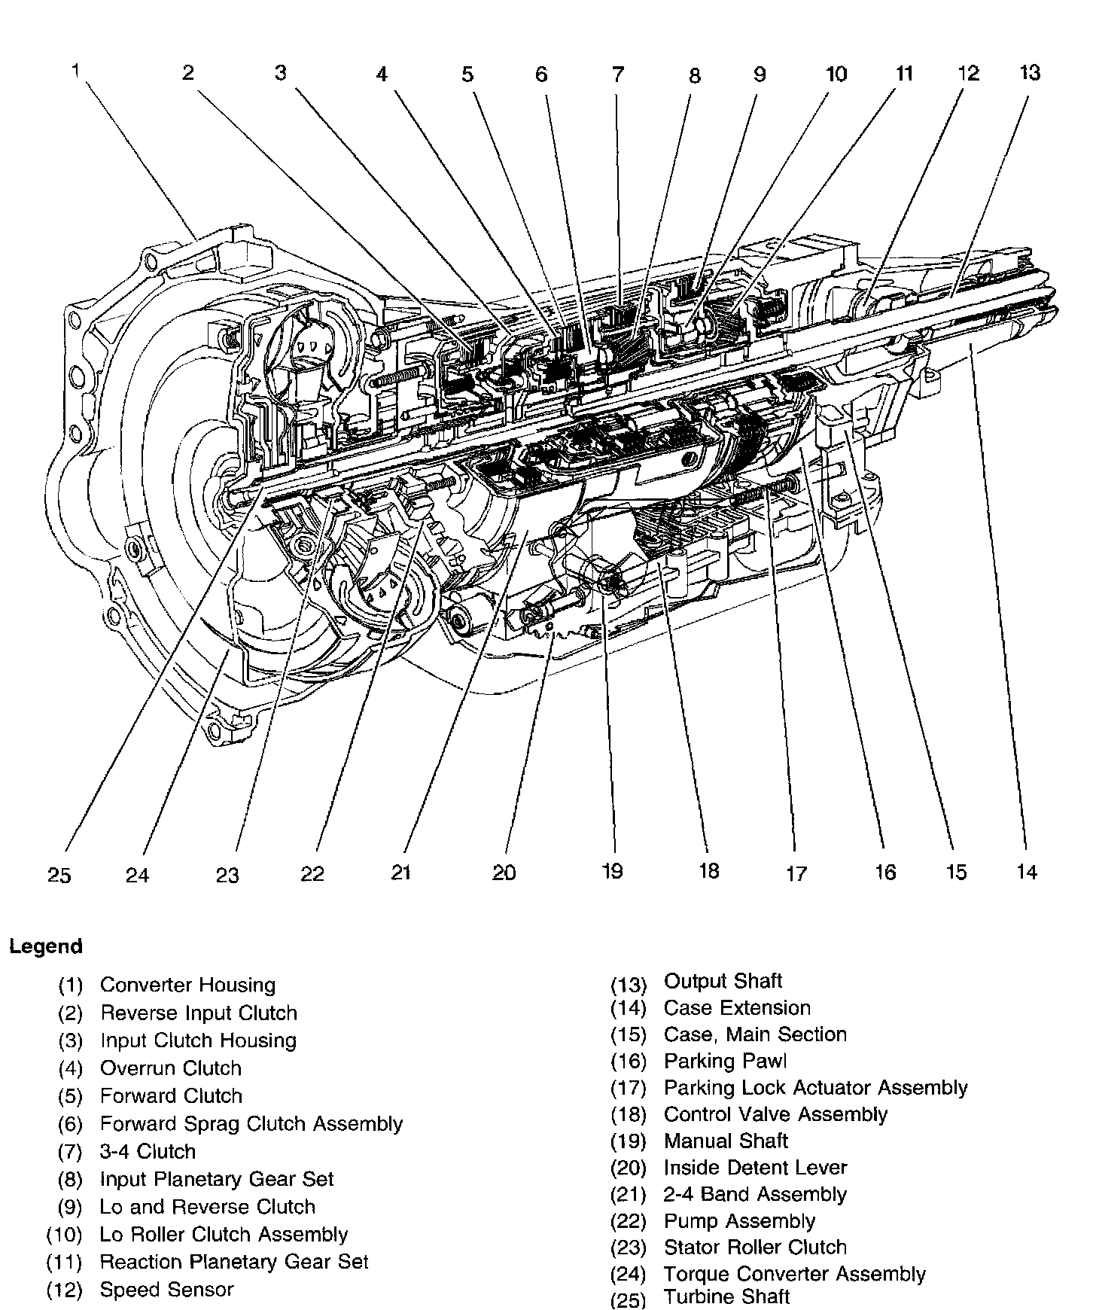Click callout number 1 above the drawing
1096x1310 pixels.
click(x=75, y=71)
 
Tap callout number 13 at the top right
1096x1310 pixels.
click(x=1030, y=73)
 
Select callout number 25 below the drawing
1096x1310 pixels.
click(x=59, y=875)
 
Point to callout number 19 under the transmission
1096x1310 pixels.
click(x=612, y=871)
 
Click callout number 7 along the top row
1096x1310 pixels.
click(x=617, y=75)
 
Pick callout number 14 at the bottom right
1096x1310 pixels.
click(x=1027, y=872)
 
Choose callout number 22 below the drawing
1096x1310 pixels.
click(x=312, y=873)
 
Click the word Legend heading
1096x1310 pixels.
click(x=46, y=946)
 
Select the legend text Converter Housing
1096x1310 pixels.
click(x=187, y=985)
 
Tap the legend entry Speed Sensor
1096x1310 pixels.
click(x=166, y=1289)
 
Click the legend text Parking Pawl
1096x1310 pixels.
click(x=725, y=1061)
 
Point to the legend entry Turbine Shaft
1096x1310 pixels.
click(x=726, y=1296)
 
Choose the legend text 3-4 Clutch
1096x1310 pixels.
click(x=148, y=1151)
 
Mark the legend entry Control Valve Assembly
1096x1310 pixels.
click(x=775, y=1114)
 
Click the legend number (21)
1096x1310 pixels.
click(x=628, y=1195)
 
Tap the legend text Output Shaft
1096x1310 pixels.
click(x=723, y=981)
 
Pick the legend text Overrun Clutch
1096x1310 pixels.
click(x=171, y=1068)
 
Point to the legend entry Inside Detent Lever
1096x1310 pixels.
click(x=755, y=1168)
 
